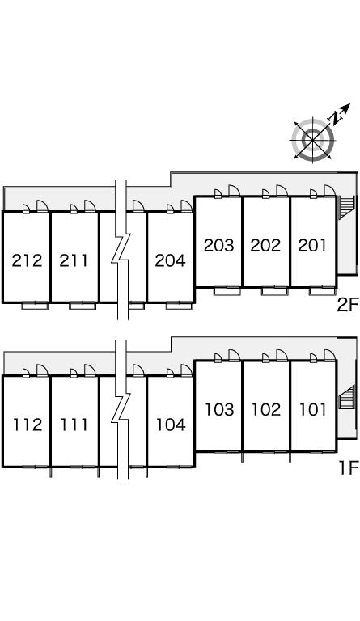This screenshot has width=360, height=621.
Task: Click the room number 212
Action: point(27,260)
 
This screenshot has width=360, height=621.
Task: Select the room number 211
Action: point(74,260)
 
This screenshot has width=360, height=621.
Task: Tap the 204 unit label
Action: point(171,260)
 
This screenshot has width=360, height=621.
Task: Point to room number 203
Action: point(219,246)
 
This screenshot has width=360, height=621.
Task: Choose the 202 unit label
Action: point(265,246)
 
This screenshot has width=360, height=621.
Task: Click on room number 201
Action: point(312,246)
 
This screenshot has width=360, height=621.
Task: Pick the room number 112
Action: point(28,425)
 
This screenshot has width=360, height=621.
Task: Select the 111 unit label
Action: point(74,425)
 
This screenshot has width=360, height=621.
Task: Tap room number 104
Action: point(171,425)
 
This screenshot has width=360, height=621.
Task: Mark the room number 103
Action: point(219,409)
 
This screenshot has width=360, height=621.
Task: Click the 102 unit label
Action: point(266,409)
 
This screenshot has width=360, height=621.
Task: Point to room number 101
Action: point(313,409)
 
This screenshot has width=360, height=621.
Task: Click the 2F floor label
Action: point(347,305)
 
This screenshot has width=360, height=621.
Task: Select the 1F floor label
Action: point(349,468)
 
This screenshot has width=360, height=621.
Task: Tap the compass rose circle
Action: point(313,140)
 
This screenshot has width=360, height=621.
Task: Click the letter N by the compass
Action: point(337,118)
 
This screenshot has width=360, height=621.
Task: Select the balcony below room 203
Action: point(227,291)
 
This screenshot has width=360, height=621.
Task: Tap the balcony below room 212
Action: point(35,306)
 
